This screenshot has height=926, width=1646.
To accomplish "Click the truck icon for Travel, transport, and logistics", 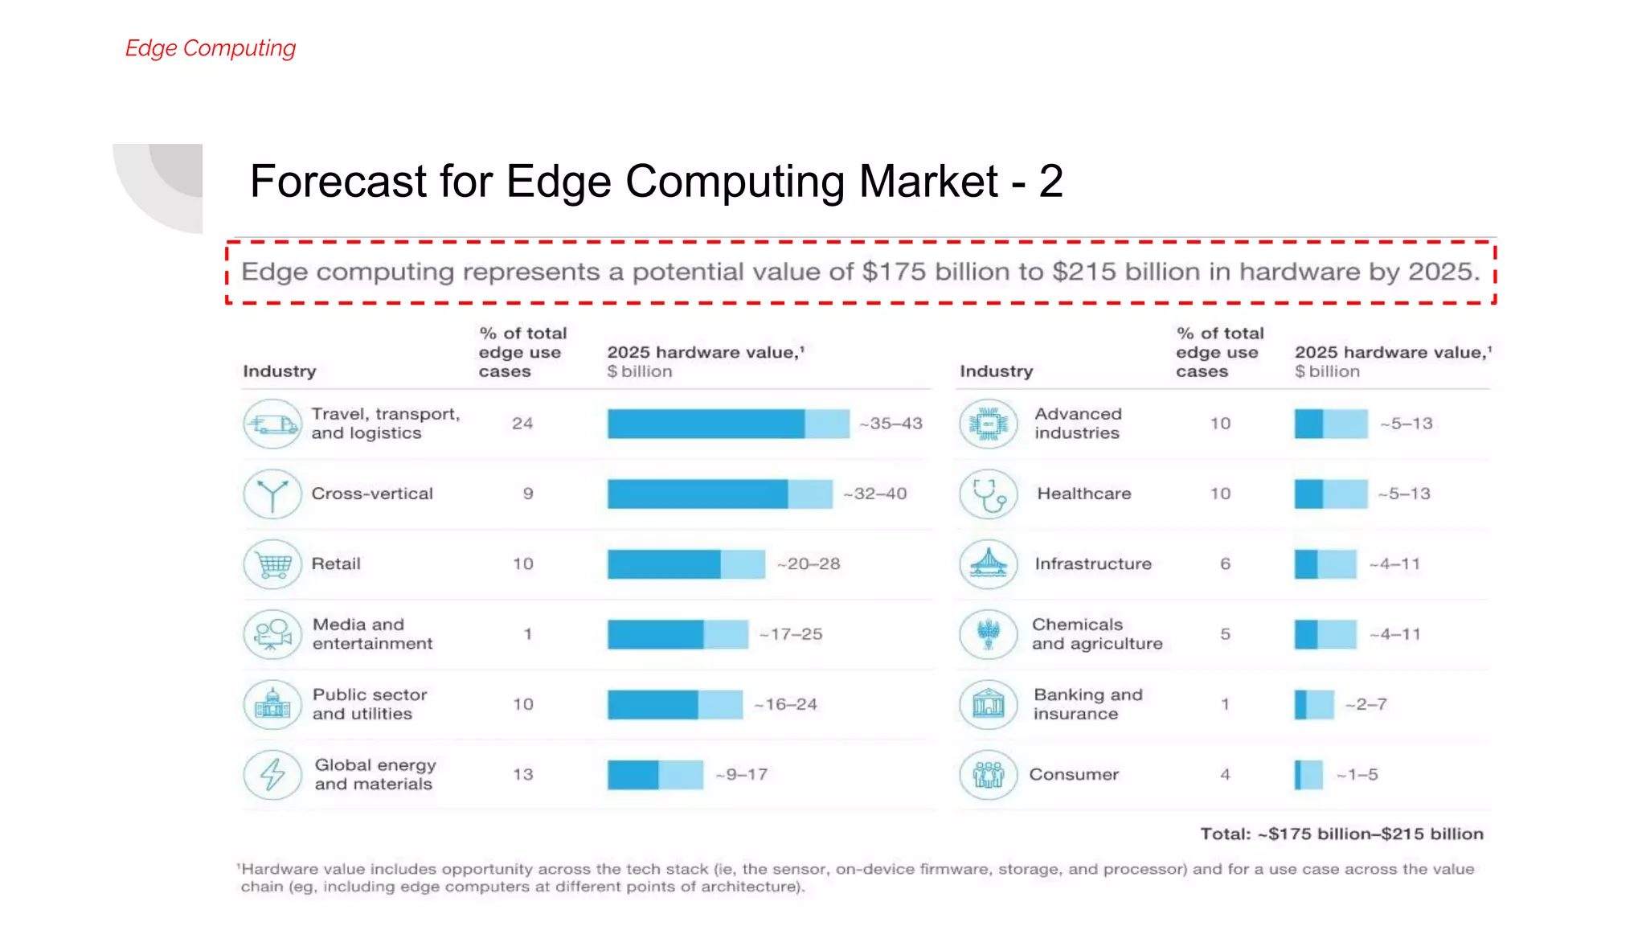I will click(272, 424).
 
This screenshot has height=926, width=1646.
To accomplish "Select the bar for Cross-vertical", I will click(719, 494).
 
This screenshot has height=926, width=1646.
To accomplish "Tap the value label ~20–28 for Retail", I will click(809, 564).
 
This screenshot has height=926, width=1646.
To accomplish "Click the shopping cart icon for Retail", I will click(272, 564).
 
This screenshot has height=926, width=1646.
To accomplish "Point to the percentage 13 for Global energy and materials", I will click(523, 774).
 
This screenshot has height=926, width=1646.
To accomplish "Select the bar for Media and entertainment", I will click(677, 634).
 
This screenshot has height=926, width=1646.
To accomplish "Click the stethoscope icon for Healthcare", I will click(989, 494).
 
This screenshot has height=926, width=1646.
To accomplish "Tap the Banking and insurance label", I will click(1087, 704).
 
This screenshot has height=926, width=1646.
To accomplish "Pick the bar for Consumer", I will click(1308, 775).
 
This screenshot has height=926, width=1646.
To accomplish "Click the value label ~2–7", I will click(1366, 705).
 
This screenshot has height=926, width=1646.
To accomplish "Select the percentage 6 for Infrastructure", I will click(1225, 564).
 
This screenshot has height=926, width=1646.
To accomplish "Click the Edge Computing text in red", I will click(211, 48).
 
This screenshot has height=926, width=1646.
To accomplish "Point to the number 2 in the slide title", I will click(1050, 181).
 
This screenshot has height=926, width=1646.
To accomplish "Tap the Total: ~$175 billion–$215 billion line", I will click(1341, 834).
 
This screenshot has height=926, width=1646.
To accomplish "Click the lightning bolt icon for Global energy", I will click(272, 774).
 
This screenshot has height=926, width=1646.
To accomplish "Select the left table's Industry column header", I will click(280, 371).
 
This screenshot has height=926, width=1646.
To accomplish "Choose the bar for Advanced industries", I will click(1330, 424).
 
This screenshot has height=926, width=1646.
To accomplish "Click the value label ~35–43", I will click(891, 424).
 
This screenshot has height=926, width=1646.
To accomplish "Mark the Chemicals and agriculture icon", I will click(989, 634).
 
